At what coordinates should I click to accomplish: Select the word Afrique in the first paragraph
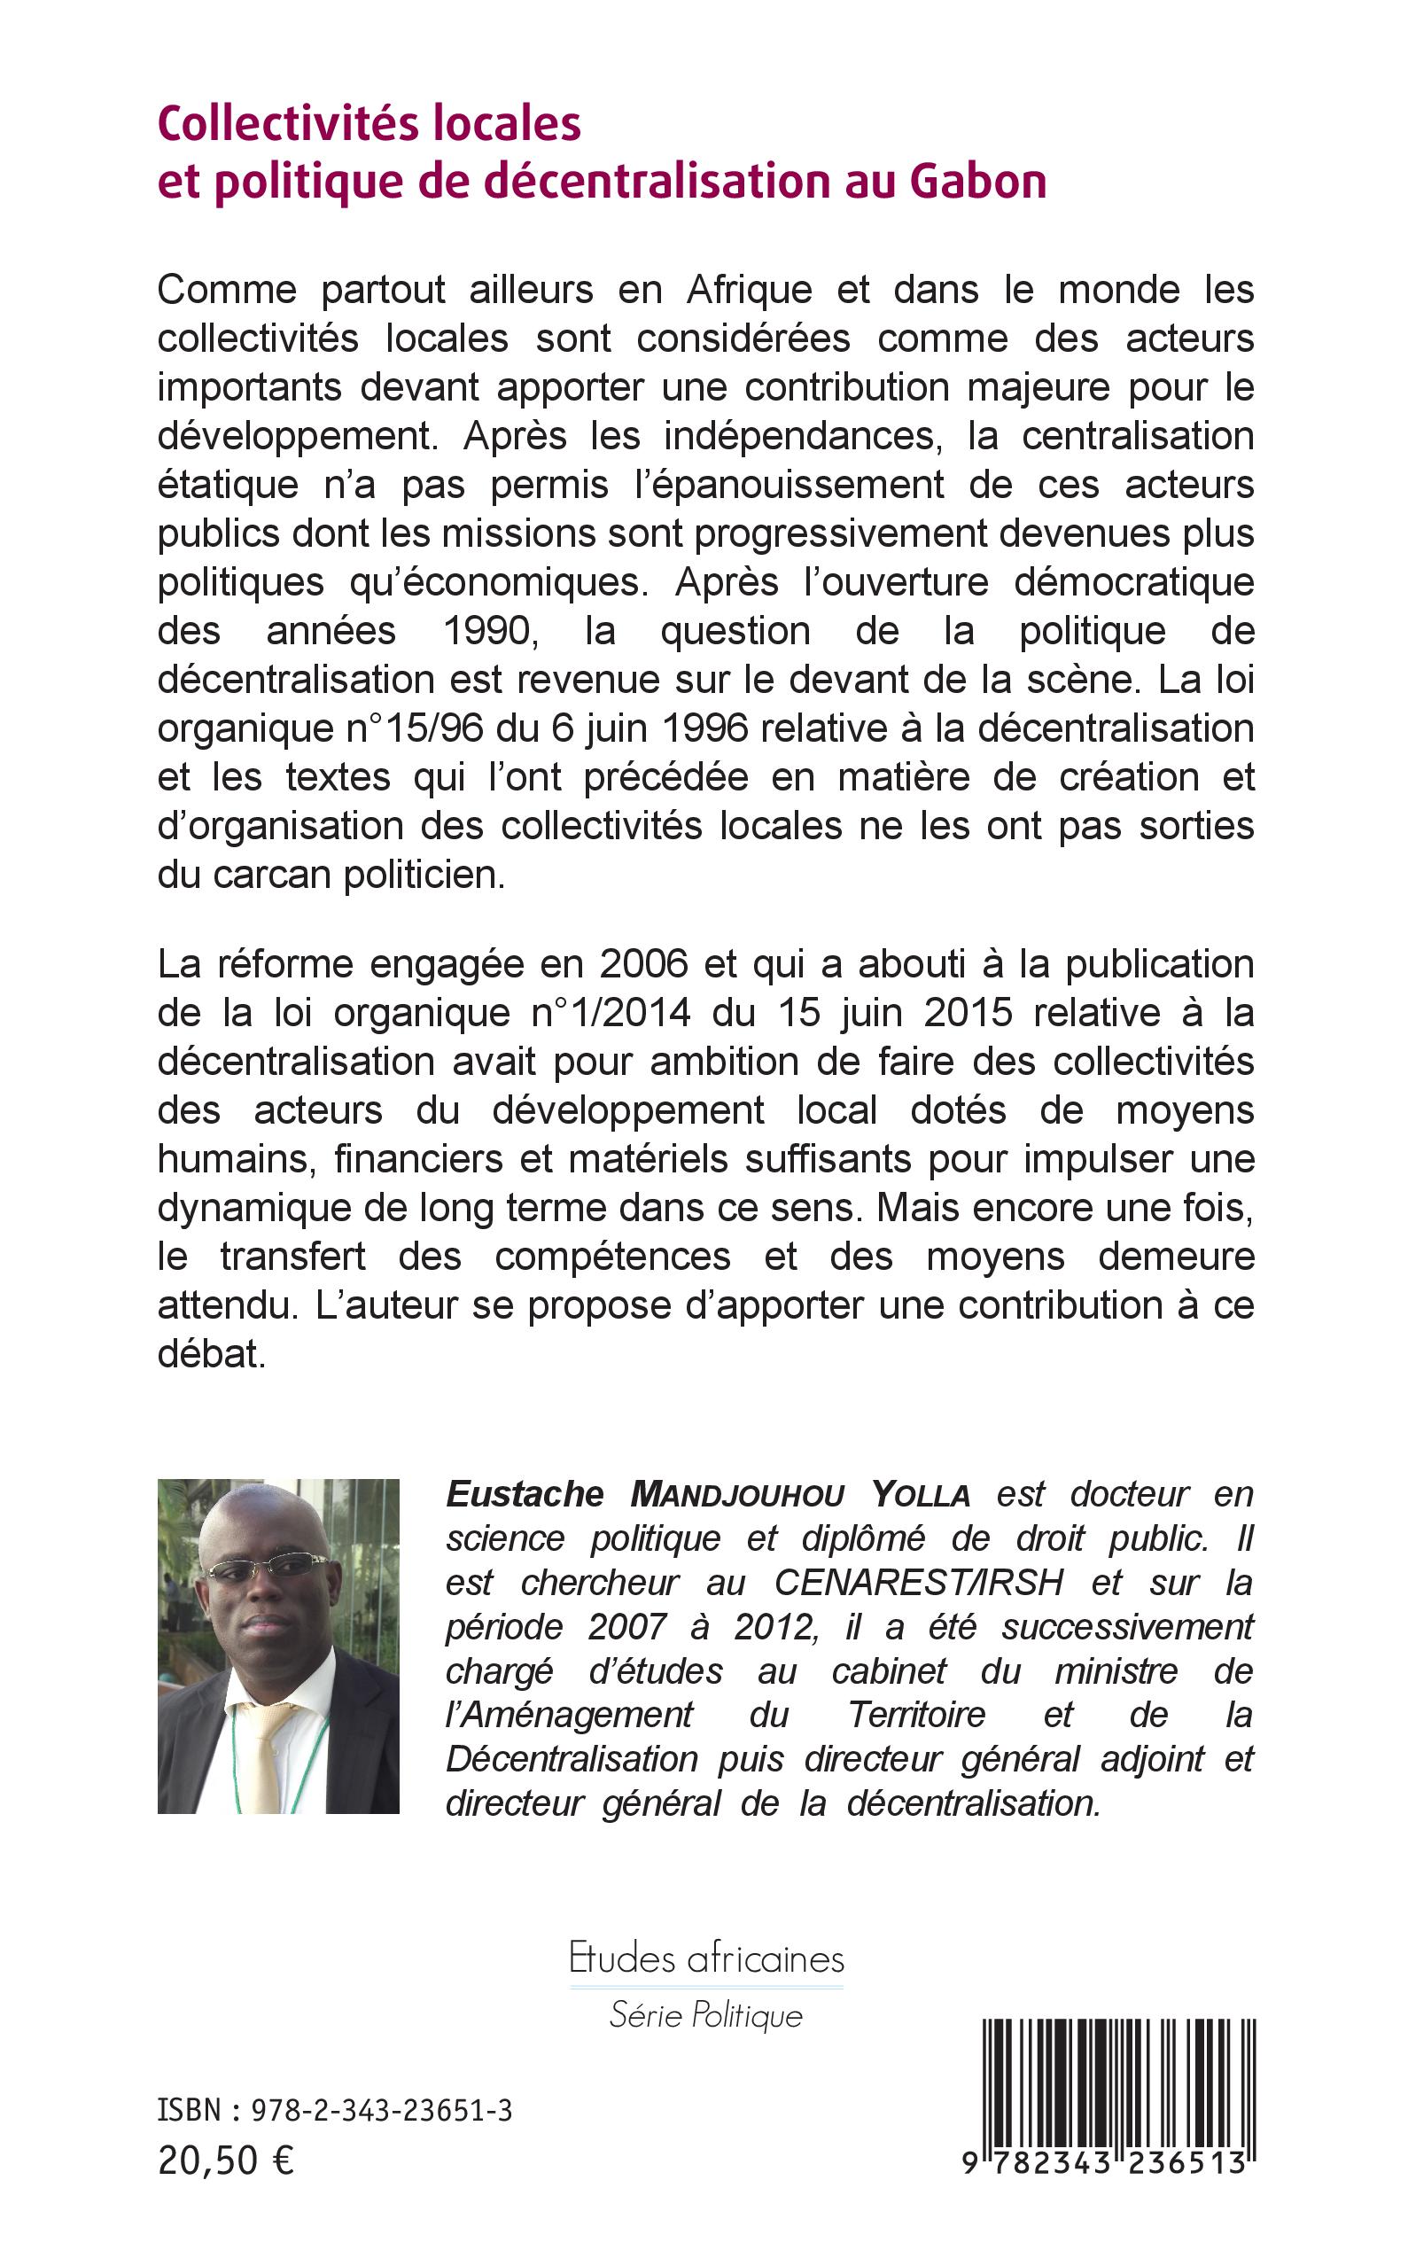(x=750, y=291)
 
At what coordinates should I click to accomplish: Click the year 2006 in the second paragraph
(x=643, y=964)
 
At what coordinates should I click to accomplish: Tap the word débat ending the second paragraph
(x=211, y=1354)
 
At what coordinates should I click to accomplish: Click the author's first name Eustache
(x=525, y=1495)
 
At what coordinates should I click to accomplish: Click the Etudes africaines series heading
(x=707, y=1959)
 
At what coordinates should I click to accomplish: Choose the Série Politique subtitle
(x=706, y=2016)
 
